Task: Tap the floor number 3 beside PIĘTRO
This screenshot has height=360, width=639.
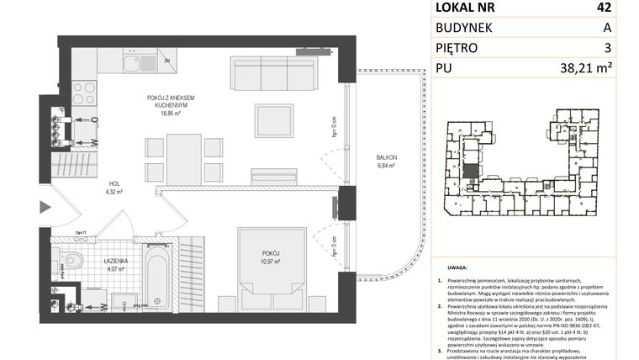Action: point(606,49)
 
